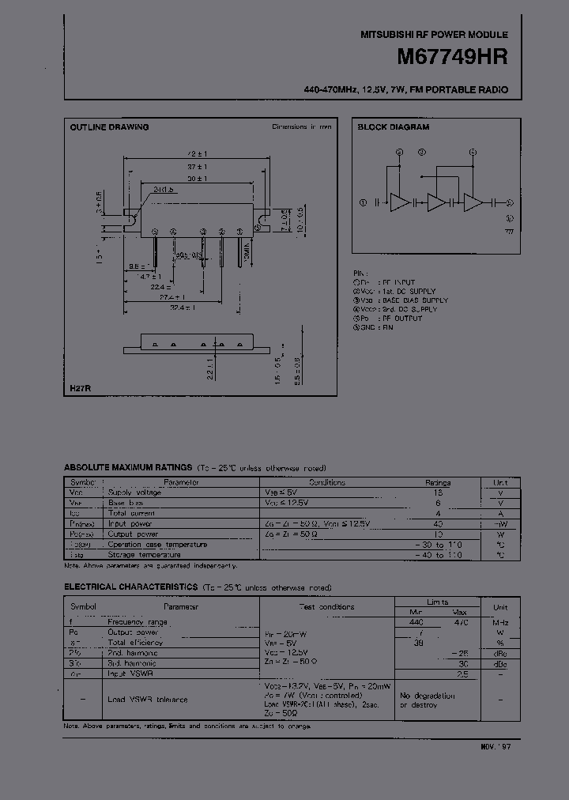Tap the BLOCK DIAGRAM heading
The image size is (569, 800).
tap(393, 127)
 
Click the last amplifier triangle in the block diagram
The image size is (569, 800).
tap(473, 202)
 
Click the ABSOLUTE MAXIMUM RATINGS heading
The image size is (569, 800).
tap(128, 468)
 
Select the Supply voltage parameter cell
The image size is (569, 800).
tap(134, 492)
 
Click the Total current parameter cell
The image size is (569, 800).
tap(133, 513)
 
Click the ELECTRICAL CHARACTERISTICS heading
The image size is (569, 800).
tap(130, 587)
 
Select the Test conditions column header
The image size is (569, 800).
tap(326, 607)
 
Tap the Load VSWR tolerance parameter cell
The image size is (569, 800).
tap(147, 699)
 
